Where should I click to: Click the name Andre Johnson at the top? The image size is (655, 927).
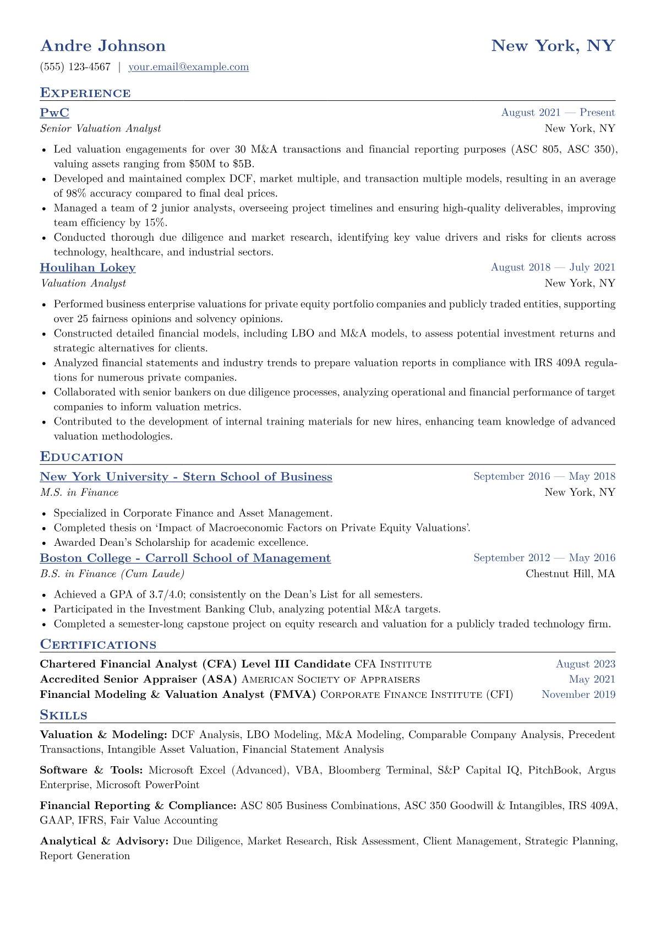click(103, 46)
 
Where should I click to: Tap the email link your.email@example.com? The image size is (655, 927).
click(188, 67)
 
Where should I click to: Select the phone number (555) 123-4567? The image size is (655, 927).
click(75, 67)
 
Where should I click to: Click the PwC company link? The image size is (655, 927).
click(54, 113)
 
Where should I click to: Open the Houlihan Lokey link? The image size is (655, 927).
click(88, 268)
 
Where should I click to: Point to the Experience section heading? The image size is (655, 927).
click(85, 93)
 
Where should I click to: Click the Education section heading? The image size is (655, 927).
click(81, 457)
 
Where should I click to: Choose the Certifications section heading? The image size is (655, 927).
click(98, 645)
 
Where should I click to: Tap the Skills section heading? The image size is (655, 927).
click(63, 715)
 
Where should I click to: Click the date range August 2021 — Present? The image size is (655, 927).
click(558, 113)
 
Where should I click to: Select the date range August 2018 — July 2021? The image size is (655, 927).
click(553, 268)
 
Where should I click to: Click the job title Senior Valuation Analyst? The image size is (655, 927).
click(101, 129)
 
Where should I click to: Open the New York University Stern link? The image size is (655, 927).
click(186, 477)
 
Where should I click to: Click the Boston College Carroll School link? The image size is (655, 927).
click(185, 559)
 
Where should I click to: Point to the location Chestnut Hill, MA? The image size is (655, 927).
click(570, 574)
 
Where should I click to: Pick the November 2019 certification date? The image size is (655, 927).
click(578, 695)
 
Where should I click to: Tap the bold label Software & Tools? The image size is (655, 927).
click(91, 770)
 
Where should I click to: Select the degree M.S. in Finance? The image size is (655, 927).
click(79, 492)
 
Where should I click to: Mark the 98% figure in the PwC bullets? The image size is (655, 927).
click(77, 193)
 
